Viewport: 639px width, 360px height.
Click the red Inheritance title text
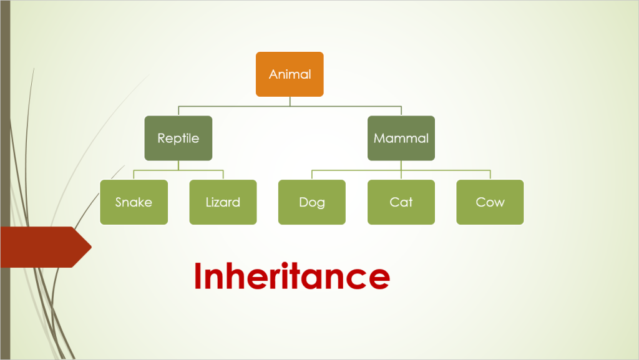pyautogui.click(x=291, y=276)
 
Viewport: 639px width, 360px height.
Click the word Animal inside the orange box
pyautogui.click(x=290, y=74)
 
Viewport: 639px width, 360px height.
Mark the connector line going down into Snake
pyautogui.click(x=134, y=175)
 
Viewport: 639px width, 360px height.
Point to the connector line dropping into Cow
pyautogui.click(x=490, y=175)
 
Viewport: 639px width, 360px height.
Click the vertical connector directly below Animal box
pyautogui.click(x=290, y=102)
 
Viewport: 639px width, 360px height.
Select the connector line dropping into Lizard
pyautogui.click(x=223, y=175)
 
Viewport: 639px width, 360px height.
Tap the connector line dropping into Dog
pyautogui.click(x=311, y=175)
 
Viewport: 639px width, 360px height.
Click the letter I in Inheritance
pyautogui.click(x=198, y=276)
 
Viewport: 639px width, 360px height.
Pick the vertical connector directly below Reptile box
pyautogui.click(x=178, y=165)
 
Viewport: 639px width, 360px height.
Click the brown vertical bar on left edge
pyautogui.click(x=4, y=125)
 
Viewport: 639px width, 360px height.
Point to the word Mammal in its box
pyautogui.click(x=401, y=139)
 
